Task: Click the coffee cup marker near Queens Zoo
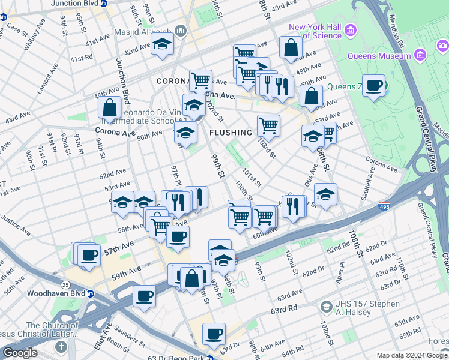(x=374, y=86)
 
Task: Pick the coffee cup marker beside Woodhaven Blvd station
(x=144, y=295)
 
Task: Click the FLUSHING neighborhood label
(x=231, y=133)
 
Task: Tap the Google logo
(x=20, y=353)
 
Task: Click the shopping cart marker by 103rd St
(x=268, y=125)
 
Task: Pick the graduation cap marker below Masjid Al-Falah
(x=162, y=44)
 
